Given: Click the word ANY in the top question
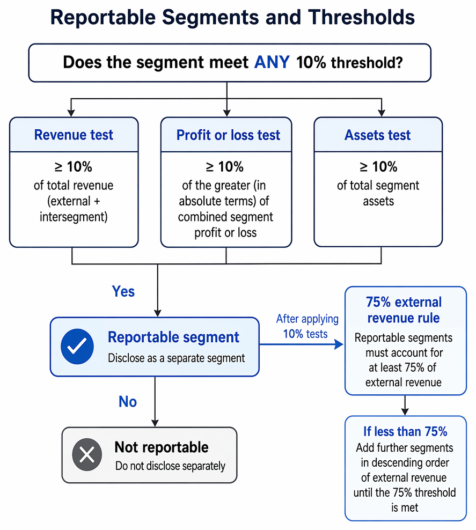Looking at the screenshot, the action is point(272,62).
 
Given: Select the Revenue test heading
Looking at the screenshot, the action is point(74,135).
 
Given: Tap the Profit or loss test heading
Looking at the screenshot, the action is point(228,135).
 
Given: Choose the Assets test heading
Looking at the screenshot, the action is point(377,135).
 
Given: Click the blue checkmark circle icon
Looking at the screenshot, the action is point(77,347).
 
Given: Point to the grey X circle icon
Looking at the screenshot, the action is point(87,454).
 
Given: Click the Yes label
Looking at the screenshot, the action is point(123,291).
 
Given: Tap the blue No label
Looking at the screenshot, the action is point(128,402).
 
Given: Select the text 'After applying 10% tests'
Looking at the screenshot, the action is point(307,326).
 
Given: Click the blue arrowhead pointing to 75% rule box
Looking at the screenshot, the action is point(339,344).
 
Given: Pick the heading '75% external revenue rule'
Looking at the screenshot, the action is point(404,310).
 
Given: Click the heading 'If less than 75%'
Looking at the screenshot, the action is point(405,432).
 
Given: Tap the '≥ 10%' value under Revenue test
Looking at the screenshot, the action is point(74,167).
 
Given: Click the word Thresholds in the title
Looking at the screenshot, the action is point(361,17).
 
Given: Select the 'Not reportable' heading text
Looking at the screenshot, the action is point(162,447).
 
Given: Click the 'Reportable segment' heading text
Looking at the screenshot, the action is point(173,337).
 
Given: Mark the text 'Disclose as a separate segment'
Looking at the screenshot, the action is point(176,358).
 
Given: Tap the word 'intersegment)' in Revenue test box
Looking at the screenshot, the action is point(74,217).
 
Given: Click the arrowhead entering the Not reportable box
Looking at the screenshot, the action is point(155,423).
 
